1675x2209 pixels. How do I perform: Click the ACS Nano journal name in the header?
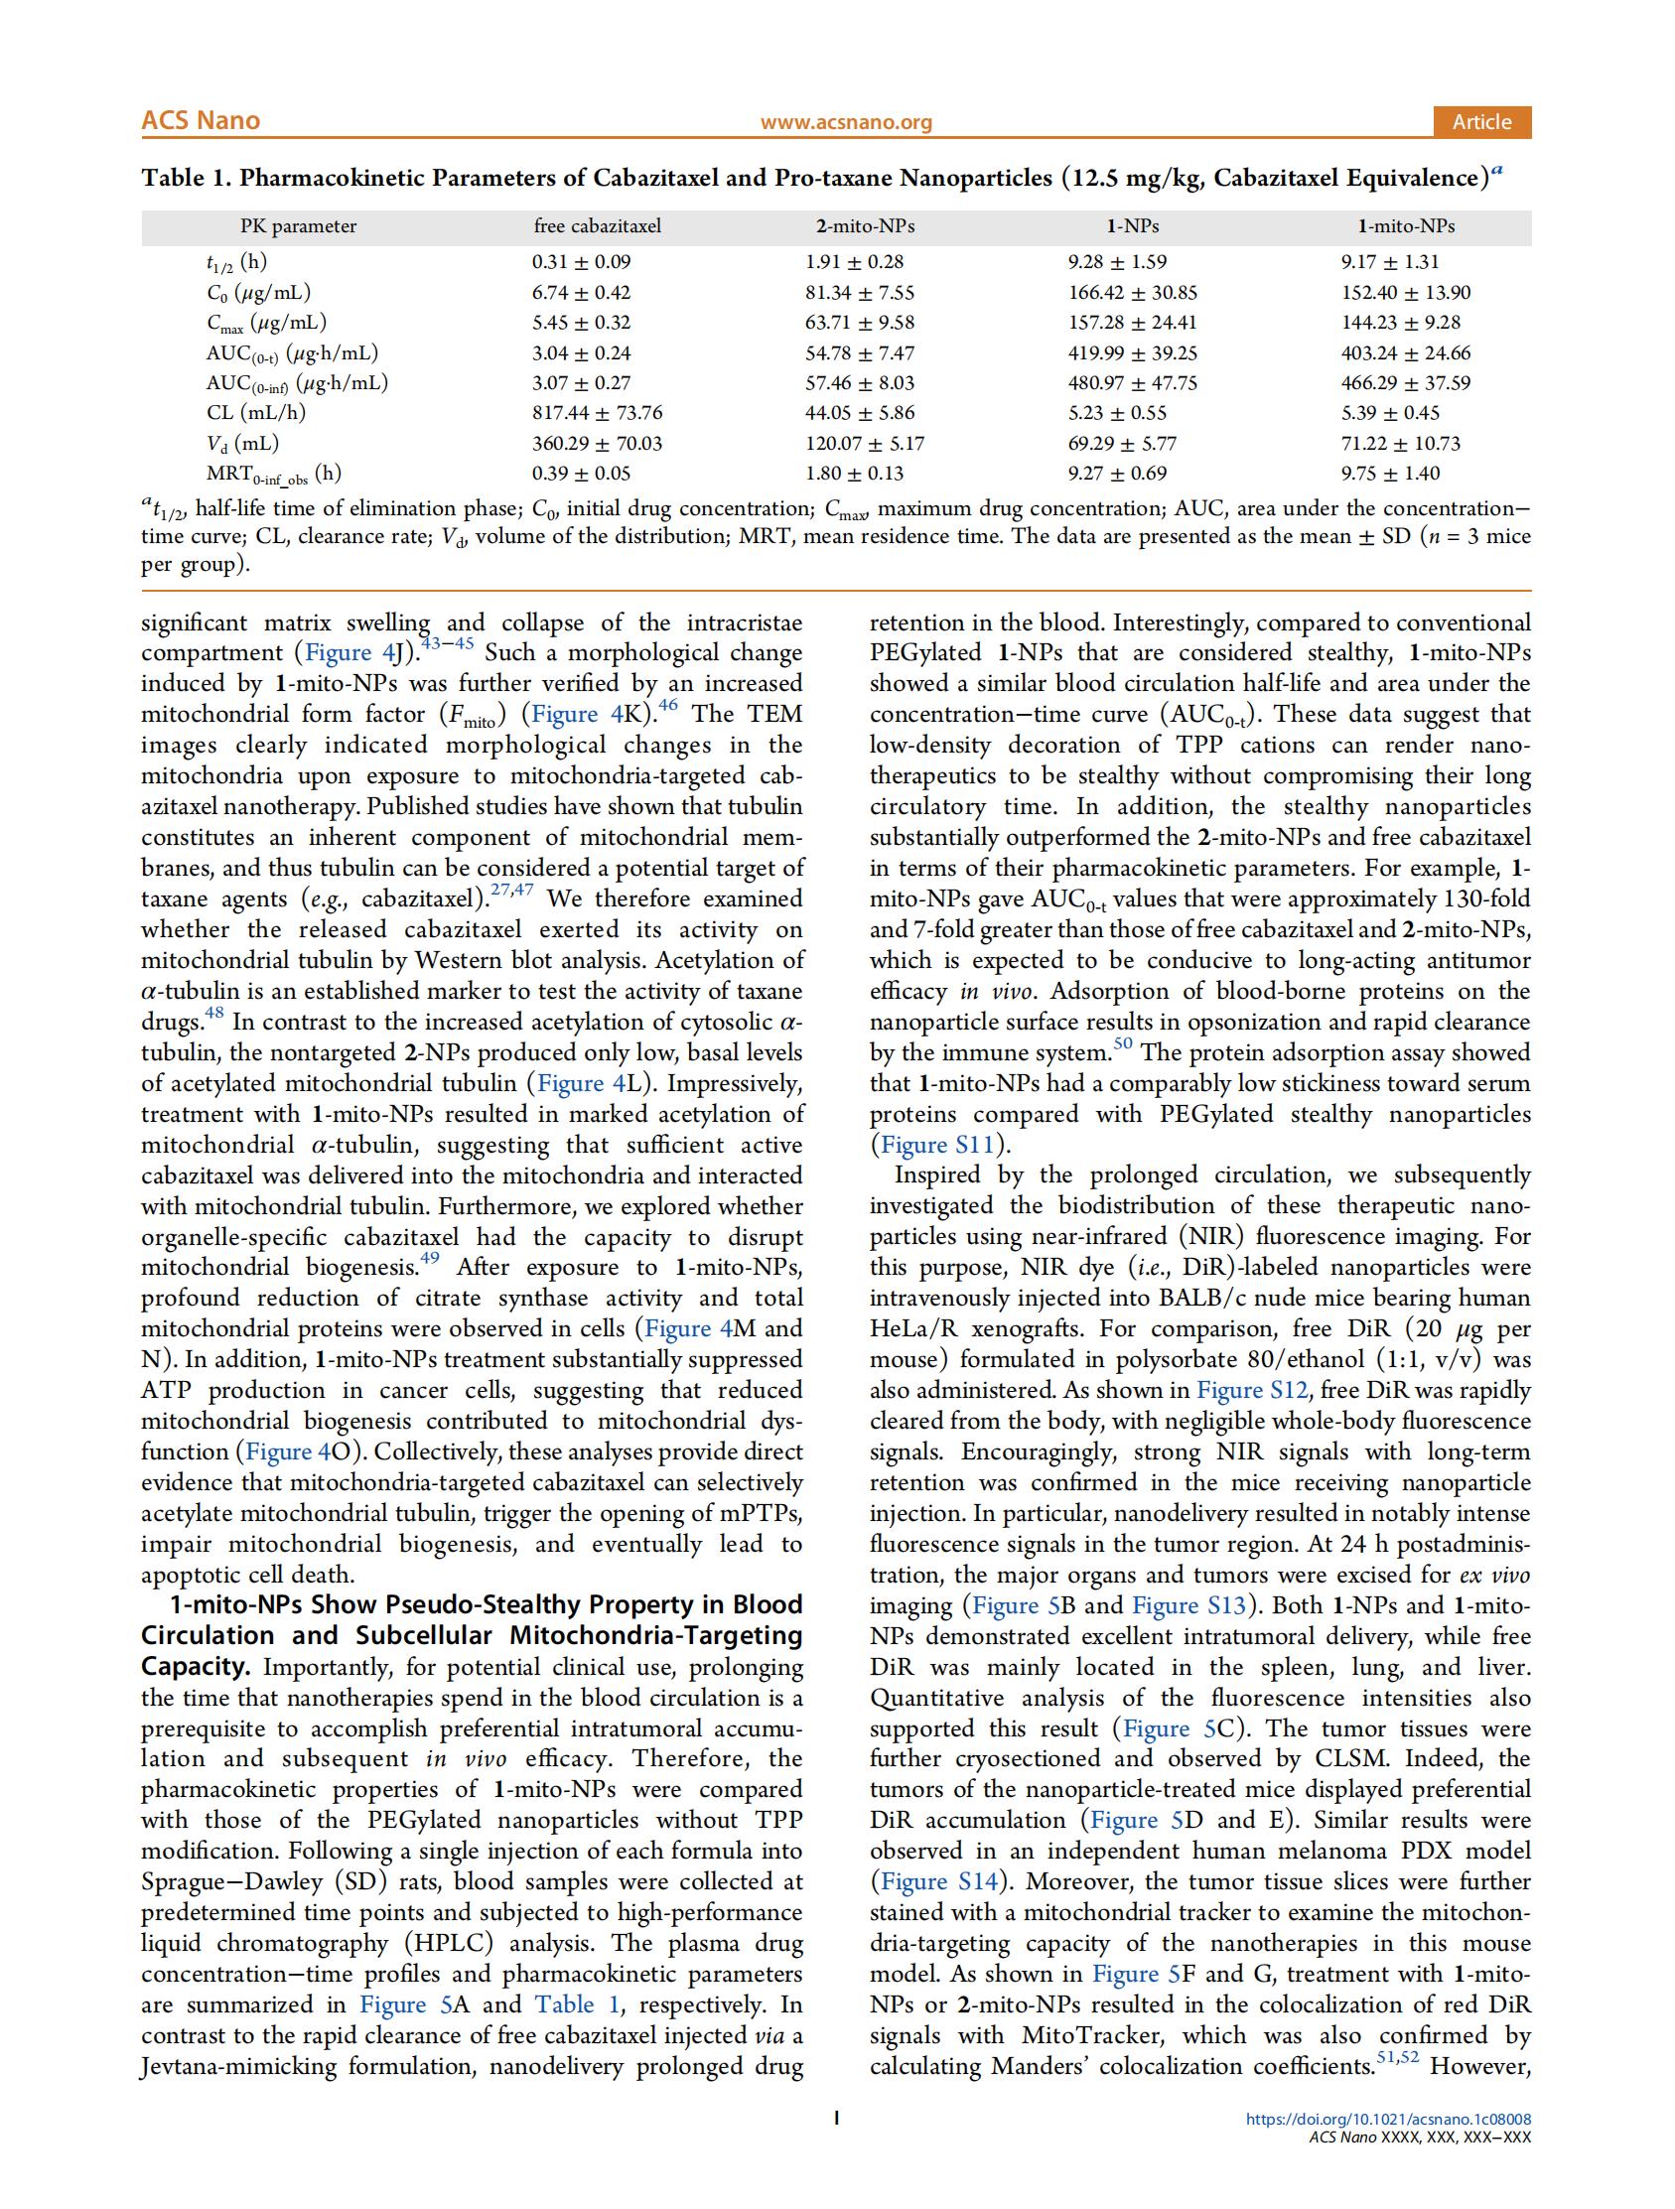(x=200, y=121)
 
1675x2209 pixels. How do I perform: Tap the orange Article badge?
(x=1481, y=122)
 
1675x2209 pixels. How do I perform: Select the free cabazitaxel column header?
(x=598, y=225)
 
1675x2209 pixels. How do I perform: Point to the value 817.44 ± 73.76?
(x=597, y=412)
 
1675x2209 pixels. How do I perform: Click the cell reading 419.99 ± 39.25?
(x=1133, y=352)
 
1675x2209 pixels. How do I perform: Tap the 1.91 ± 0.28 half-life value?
(x=854, y=262)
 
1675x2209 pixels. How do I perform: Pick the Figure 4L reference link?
(x=584, y=1083)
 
